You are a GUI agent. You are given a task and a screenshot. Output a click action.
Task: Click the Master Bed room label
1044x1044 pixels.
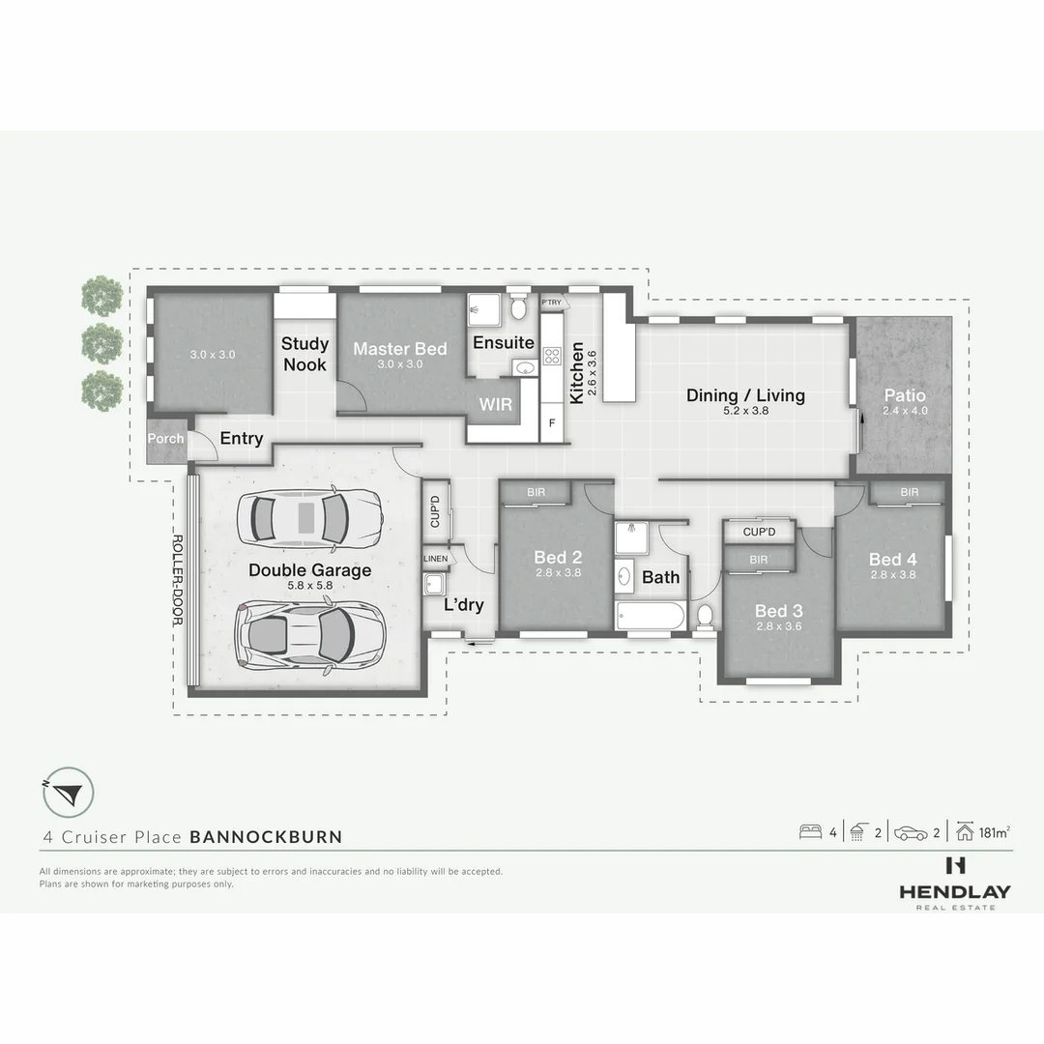coord(399,349)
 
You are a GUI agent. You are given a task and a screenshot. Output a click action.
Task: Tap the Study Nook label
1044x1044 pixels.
coord(304,354)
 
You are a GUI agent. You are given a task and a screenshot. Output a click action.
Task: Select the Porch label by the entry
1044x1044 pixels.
coord(165,439)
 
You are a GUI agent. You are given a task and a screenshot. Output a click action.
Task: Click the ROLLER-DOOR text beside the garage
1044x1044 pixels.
coord(178,580)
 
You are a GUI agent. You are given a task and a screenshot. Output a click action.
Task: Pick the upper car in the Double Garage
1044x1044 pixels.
coord(309,518)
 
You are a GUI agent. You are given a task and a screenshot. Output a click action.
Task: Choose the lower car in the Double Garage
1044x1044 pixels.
coord(309,636)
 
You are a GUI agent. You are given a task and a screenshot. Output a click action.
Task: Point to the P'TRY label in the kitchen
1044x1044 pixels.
coord(552,303)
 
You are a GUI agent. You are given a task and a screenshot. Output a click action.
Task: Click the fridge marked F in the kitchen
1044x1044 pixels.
coord(552,422)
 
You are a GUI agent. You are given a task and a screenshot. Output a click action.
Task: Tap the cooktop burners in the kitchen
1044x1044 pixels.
coord(552,356)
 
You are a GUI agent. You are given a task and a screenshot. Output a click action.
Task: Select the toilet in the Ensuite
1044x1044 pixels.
coord(519,307)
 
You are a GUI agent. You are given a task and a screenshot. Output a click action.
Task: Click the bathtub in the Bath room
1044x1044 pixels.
coord(651,616)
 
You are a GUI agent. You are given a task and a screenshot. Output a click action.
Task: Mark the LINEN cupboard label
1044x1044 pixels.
coord(435,559)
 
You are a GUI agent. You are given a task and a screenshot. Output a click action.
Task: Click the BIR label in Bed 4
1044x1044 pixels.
coord(909,493)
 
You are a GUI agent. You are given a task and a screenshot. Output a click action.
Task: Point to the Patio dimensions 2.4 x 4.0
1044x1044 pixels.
coord(905,411)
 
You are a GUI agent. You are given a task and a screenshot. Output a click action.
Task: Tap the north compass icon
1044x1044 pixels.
coord(68,793)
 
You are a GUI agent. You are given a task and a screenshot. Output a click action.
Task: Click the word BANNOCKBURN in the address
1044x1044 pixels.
coord(267,837)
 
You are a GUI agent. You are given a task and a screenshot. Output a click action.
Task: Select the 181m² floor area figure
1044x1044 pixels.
coord(994,832)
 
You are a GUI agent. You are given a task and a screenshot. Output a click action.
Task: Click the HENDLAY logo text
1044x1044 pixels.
coord(955,892)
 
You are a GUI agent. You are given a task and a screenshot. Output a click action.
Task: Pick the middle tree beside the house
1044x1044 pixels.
coord(101,343)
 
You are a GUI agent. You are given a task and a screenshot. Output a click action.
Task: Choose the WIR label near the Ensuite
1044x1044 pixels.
coord(495,404)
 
